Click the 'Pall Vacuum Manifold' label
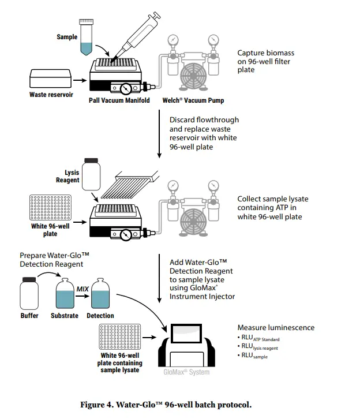[x=119, y=100]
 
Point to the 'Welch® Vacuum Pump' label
[x=193, y=100]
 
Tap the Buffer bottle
[x=29, y=294]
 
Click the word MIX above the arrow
[x=82, y=288]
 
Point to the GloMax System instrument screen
[x=187, y=335]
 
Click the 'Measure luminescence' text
[x=276, y=328]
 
